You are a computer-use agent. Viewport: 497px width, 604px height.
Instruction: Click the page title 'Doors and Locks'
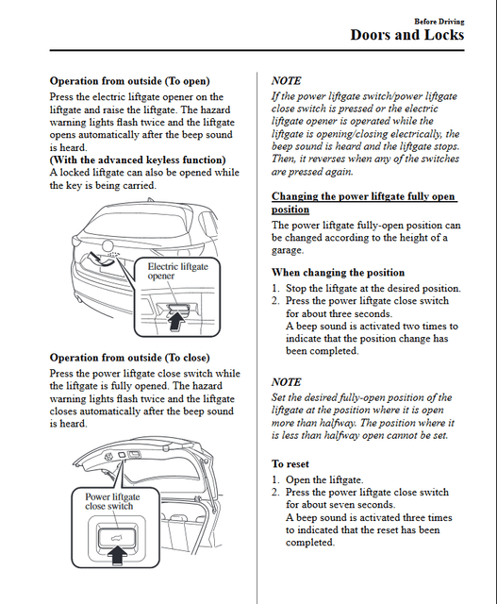pos(406,35)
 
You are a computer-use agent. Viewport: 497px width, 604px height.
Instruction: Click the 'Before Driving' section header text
pos(439,21)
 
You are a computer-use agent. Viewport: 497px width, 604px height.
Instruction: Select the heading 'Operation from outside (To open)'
pos(130,81)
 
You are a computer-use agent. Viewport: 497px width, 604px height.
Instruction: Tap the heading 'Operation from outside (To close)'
pos(130,358)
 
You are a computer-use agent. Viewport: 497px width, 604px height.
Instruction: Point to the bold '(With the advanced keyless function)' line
pos(138,159)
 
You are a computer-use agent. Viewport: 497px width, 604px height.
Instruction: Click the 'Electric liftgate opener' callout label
pos(178,271)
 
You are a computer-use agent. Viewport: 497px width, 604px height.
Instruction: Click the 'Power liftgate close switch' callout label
pos(112,501)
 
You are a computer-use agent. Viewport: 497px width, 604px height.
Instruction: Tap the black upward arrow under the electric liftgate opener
pos(176,320)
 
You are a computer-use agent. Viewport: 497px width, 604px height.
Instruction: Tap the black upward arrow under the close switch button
pos(117,555)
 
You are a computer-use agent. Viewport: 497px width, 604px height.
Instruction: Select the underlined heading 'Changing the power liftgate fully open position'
pos(364,203)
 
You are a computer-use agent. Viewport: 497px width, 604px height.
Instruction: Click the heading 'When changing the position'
pos(338,273)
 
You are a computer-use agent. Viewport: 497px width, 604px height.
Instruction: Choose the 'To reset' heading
pos(290,463)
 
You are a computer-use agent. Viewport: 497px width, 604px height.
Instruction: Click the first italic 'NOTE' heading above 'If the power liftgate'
pos(286,81)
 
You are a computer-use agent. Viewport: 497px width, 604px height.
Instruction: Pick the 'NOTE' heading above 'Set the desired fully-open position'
pos(286,382)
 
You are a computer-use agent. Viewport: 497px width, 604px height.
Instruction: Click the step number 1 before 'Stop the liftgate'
pos(275,289)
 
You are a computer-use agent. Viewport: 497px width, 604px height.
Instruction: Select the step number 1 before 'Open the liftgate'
pos(275,480)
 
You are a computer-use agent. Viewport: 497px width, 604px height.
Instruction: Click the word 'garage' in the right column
pos(287,251)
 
